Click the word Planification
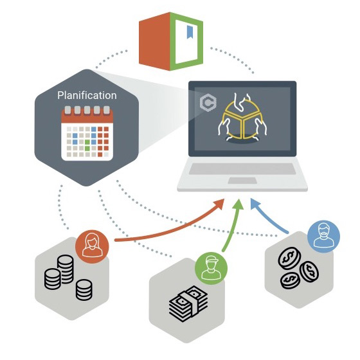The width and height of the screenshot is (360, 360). (x=87, y=95)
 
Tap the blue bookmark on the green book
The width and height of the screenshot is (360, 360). (x=190, y=32)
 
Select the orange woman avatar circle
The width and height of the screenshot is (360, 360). (x=92, y=247)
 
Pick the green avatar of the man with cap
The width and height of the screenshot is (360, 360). (x=212, y=268)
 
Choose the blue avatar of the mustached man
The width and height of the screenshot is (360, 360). (x=323, y=237)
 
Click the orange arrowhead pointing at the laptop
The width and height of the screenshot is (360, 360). (x=219, y=204)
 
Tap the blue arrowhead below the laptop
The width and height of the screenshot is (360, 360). (x=255, y=204)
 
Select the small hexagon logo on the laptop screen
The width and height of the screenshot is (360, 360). (x=208, y=102)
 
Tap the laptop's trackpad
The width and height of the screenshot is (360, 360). (x=242, y=181)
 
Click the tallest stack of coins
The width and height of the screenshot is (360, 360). (x=66, y=269)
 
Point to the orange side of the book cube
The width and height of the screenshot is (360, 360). (x=154, y=41)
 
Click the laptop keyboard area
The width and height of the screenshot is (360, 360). (x=242, y=168)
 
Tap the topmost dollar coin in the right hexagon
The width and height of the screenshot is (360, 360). (x=289, y=258)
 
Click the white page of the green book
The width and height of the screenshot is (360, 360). (x=186, y=41)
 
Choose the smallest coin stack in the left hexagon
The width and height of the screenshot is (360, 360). (x=84, y=290)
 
